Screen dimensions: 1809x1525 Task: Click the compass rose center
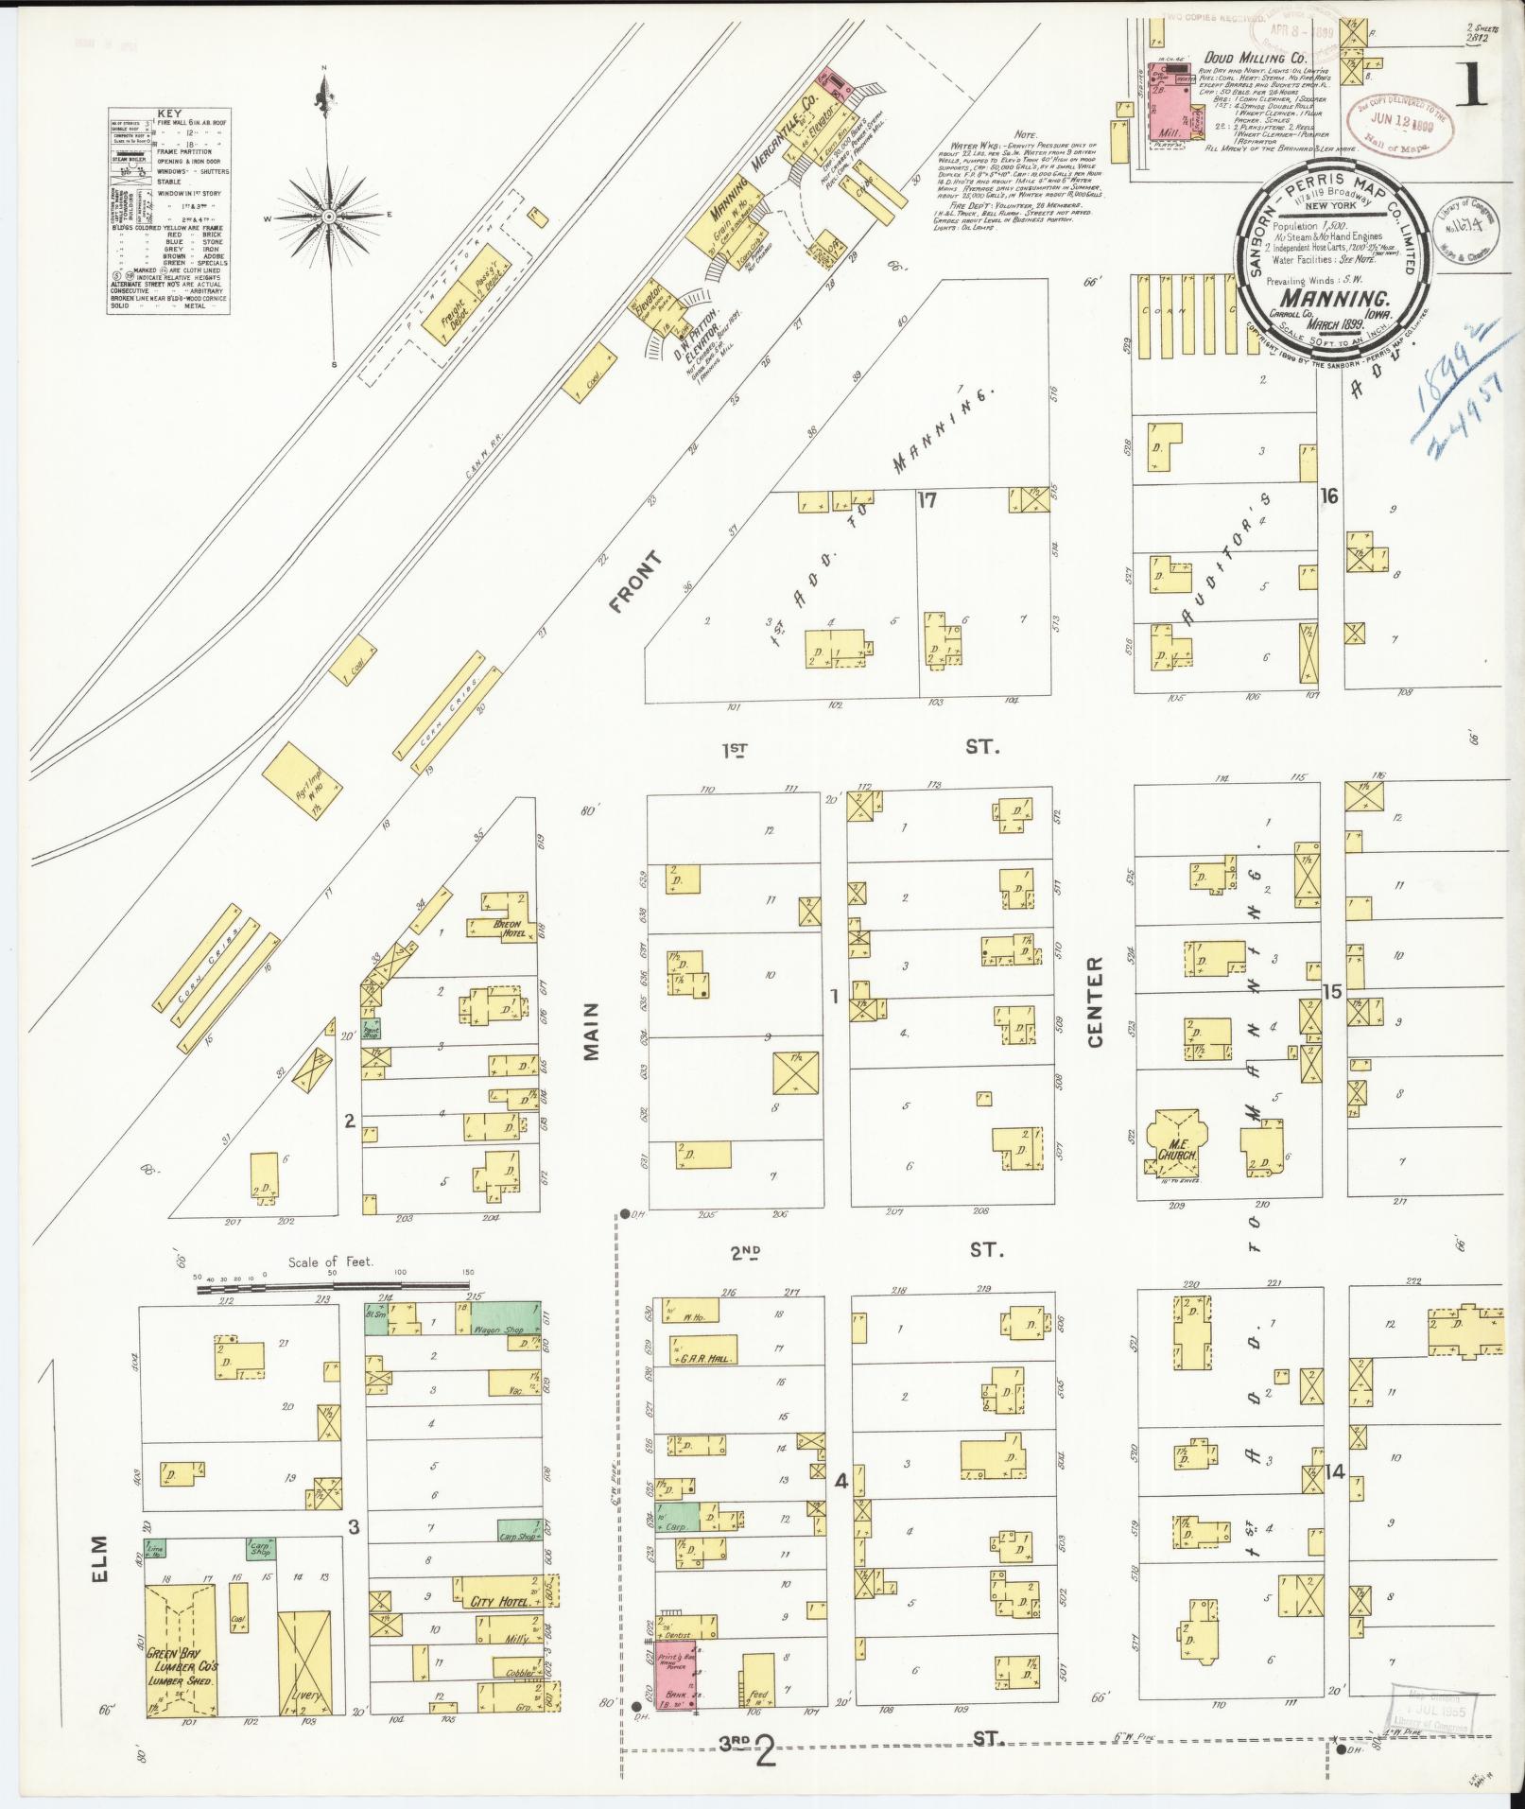(x=328, y=217)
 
